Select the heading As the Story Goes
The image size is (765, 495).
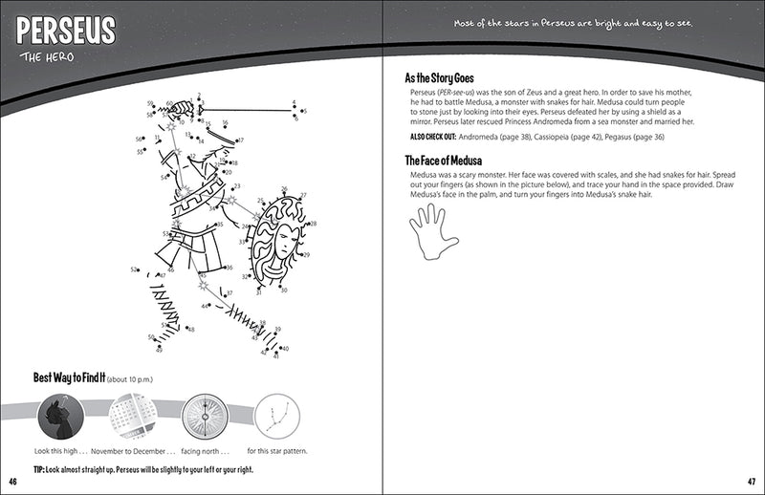coord(440,77)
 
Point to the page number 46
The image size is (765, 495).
coord(12,480)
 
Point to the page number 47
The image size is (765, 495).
coord(752,480)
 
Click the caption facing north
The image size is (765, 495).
coord(202,451)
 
